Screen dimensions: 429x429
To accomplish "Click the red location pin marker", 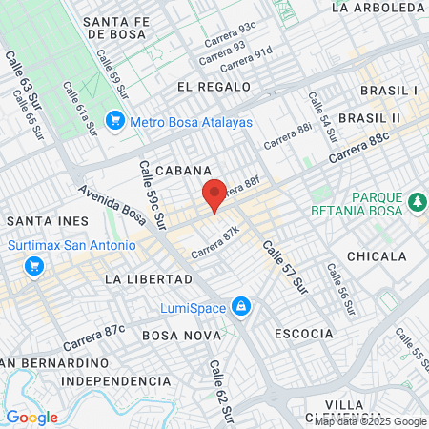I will point(214,194).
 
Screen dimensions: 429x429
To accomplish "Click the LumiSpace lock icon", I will point(242,307).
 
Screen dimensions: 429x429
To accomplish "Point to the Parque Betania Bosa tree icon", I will point(417,202).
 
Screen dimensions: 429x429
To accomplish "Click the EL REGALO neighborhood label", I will point(214,87).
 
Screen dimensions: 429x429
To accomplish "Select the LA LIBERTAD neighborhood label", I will point(148,279).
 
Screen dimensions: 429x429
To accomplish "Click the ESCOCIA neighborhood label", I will point(303,334).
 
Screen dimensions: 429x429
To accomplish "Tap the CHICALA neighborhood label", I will point(377,256).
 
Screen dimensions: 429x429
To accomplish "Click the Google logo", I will point(31,418).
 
